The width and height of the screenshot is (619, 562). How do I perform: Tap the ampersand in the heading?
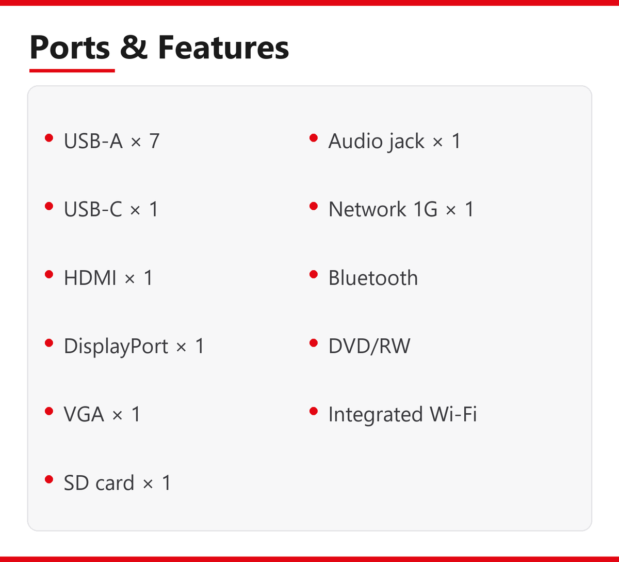click(134, 47)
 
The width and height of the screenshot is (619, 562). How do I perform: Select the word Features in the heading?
click(223, 47)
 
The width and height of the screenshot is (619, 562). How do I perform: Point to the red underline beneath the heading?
click(72, 71)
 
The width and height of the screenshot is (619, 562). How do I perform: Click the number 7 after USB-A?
click(154, 141)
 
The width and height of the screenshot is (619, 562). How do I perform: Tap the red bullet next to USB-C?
click(49, 206)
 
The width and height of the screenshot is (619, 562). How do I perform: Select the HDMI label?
click(90, 277)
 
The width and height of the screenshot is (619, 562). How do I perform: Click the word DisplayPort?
click(116, 346)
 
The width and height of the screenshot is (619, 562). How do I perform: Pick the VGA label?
click(84, 414)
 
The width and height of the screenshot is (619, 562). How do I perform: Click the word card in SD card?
click(115, 483)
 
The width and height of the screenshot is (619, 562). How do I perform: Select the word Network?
click(367, 209)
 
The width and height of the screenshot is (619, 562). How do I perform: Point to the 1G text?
click(426, 209)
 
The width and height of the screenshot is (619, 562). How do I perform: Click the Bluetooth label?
click(373, 277)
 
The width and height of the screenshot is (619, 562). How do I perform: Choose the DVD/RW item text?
click(369, 346)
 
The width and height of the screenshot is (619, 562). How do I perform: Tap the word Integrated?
click(375, 415)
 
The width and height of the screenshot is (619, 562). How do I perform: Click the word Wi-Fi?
click(453, 414)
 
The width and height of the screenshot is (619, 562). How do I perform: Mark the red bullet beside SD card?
click(49, 479)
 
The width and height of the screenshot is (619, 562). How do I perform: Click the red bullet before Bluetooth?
click(314, 274)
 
